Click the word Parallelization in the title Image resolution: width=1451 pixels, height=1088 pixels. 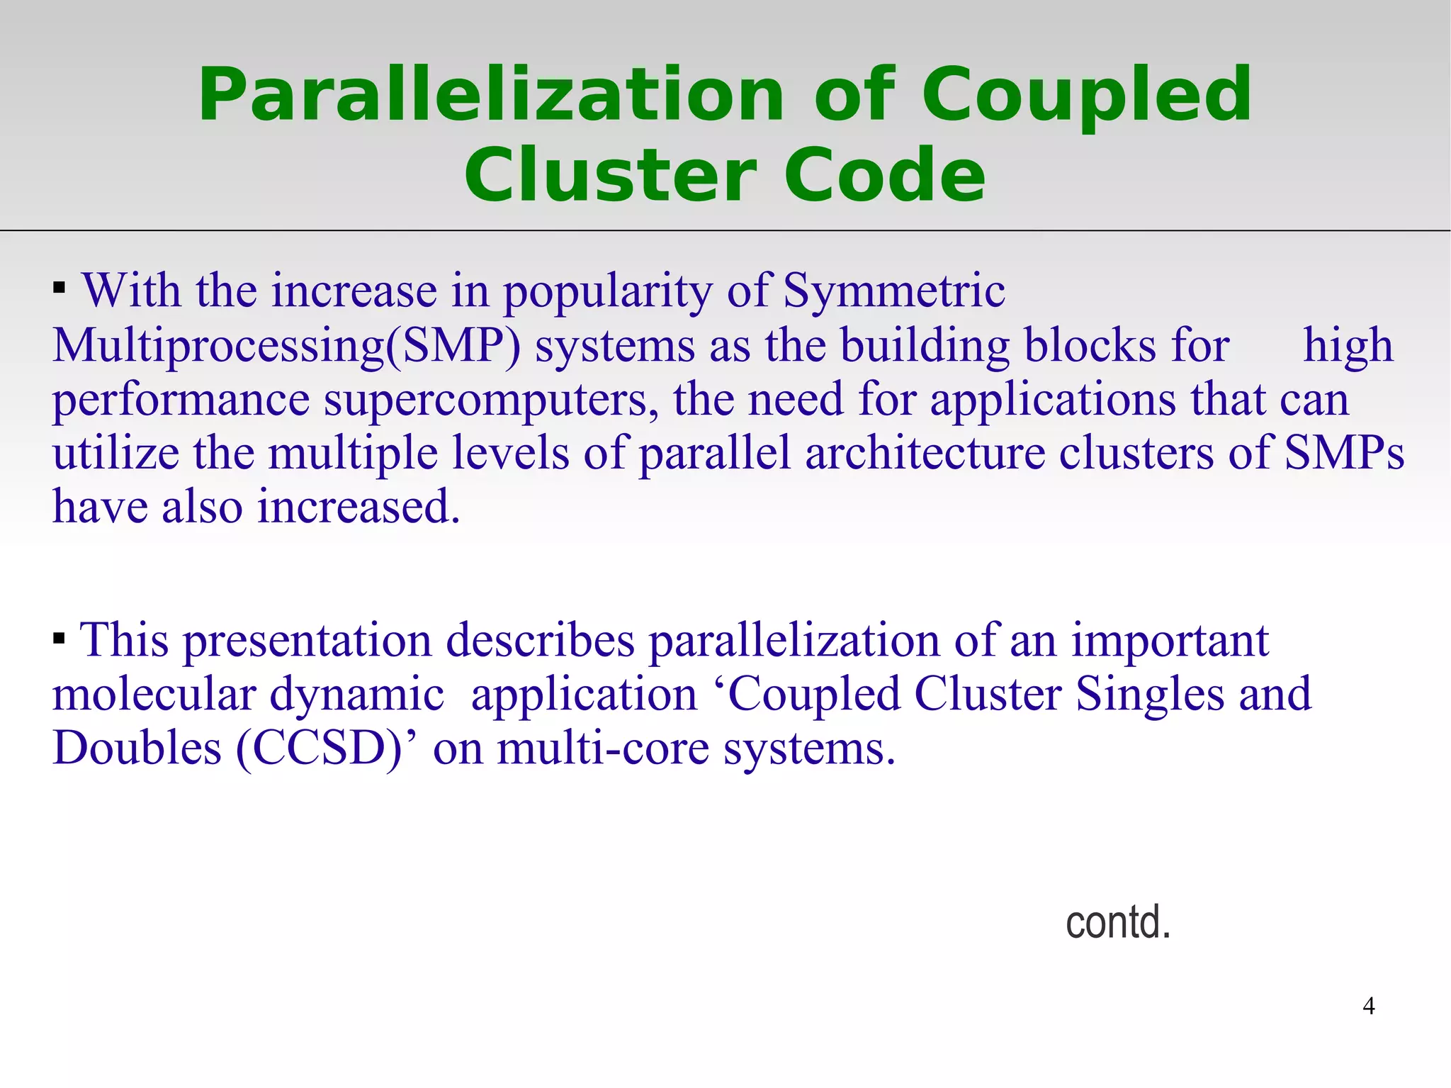(490, 95)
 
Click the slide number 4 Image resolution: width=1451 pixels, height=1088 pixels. (1368, 1006)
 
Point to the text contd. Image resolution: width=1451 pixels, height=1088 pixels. (1117, 922)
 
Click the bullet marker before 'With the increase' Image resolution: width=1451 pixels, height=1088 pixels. (60, 288)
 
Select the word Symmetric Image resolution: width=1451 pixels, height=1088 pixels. (893, 291)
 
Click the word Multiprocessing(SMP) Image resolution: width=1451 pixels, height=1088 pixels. (286, 346)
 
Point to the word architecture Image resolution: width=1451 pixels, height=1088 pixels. (925, 454)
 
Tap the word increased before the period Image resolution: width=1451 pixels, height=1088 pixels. (352, 507)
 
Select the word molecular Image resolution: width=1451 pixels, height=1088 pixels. (154, 694)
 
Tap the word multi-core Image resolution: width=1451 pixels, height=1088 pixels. (603, 748)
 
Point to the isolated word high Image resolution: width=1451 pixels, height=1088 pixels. (1348, 346)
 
